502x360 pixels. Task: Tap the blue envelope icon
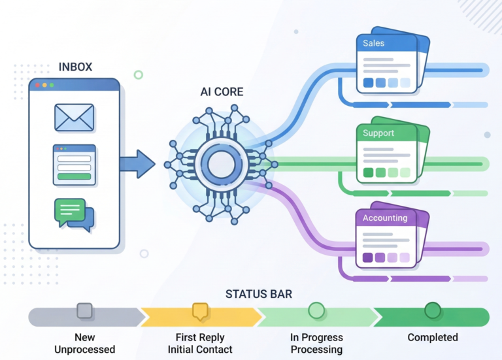[x=75, y=118]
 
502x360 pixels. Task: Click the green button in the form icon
[x=74, y=176]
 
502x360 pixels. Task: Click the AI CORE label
[x=222, y=92]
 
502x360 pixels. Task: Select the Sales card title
[x=374, y=43]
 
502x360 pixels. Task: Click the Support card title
[x=378, y=133]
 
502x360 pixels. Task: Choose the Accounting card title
[x=385, y=218]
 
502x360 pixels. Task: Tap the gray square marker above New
[x=85, y=310]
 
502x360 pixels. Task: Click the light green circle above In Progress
[x=316, y=310]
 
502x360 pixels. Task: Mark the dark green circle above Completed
[x=432, y=310]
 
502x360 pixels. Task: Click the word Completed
[x=432, y=338]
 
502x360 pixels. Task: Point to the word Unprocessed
[x=85, y=350]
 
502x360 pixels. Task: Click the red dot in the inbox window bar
[x=37, y=85]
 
